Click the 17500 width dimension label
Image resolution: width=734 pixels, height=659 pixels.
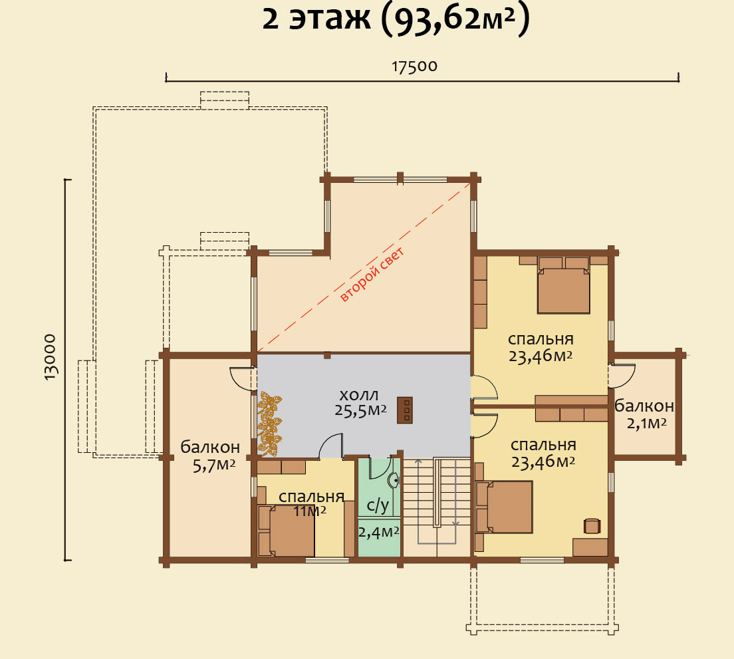(x=414, y=66)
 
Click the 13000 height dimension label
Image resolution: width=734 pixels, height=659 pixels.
(x=50, y=357)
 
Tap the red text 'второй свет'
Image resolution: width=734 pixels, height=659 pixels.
(x=372, y=275)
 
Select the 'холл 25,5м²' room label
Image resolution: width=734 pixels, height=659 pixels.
(x=360, y=402)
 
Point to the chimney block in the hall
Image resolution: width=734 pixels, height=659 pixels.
(x=405, y=410)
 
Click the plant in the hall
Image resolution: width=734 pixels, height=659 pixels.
(x=270, y=424)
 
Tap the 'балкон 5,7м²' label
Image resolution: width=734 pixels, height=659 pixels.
(x=210, y=456)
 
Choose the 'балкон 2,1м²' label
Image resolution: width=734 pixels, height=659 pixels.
(x=644, y=414)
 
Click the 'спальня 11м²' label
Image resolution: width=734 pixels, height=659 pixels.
(x=311, y=503)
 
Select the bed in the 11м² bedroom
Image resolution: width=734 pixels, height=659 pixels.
(x=287, y=531)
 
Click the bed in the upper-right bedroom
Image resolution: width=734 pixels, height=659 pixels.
(x=564, y=285)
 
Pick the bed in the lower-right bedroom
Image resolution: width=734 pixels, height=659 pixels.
(x=504, y=507)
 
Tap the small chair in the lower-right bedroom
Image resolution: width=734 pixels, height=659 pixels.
(x=592, y=525)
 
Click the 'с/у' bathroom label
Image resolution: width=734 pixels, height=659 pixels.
(x=378, y=505)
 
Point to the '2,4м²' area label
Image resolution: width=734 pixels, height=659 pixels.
(x=379, y=532)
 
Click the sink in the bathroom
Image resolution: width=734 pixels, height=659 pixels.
(x=394, y=479)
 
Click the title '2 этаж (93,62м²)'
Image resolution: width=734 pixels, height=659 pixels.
(x=396, y=20)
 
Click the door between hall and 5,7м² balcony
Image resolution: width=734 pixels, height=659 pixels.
(x=243, y=379)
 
